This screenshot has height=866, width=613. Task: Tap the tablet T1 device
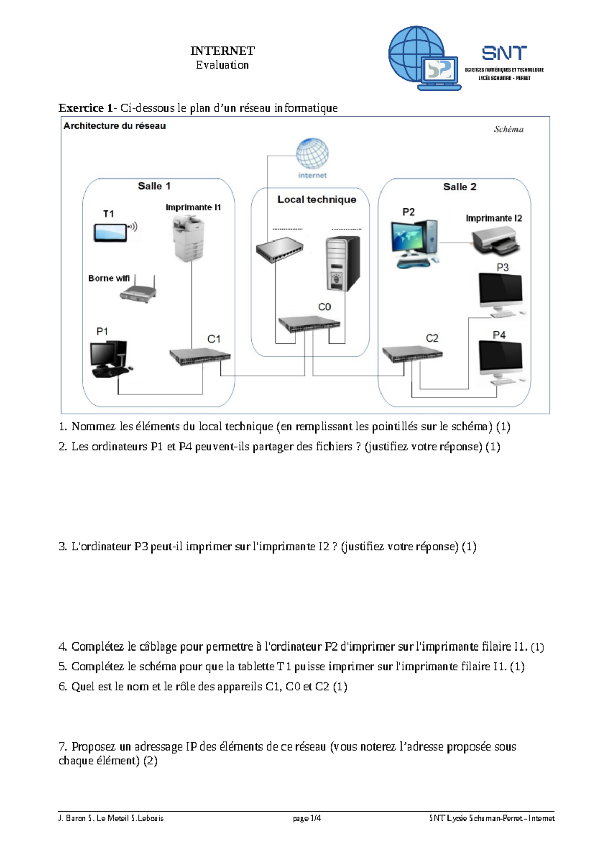(110, 232)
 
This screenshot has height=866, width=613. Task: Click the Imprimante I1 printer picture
(188, 239)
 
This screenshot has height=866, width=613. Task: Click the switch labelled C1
(200, 356)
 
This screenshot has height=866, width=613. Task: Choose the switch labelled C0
(309, 323)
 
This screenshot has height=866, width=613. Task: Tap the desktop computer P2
(414, 243)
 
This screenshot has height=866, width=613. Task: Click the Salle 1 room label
(154, 186)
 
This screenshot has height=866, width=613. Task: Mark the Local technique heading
(317, 200)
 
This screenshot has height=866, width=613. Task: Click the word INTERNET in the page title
(222, 51)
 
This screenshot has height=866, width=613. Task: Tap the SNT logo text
(504, 53)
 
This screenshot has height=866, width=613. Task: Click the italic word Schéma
(508, 129)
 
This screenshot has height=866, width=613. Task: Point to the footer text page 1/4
(306, 818)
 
